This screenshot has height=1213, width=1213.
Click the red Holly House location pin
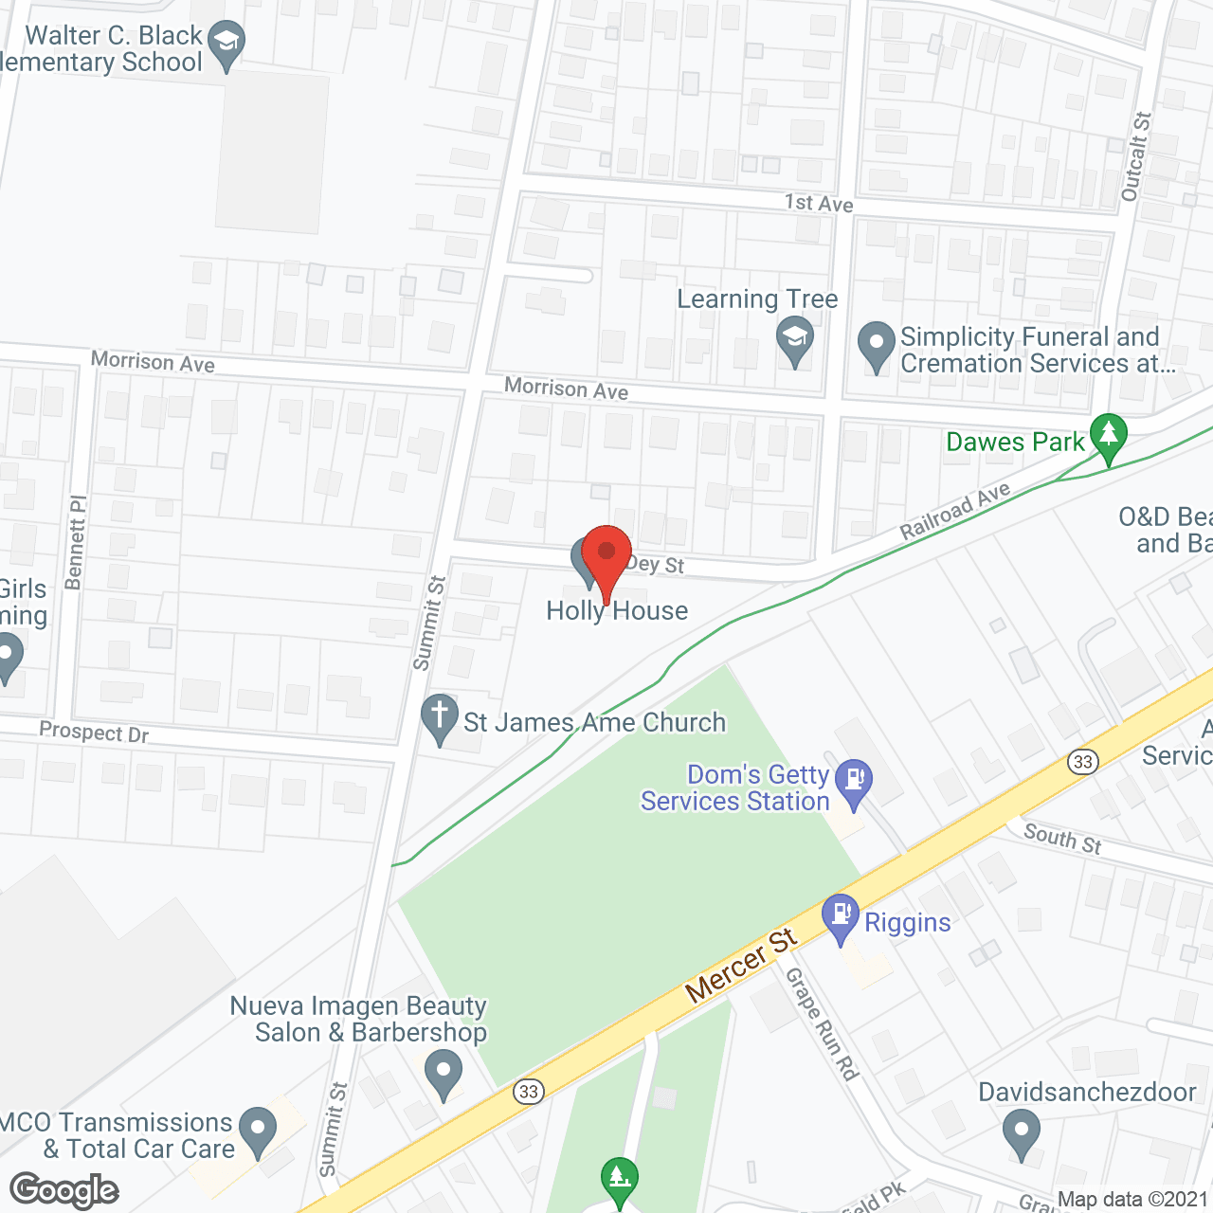[606, 554]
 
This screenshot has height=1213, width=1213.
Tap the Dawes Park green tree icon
[1108, 437]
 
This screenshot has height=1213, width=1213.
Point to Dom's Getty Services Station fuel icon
[855, 782]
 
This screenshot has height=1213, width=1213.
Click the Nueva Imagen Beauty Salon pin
[443, 1075]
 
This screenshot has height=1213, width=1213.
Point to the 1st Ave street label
[819, 203]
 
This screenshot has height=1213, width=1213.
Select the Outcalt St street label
[1135, 156]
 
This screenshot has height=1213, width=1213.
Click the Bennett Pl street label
[76, 542]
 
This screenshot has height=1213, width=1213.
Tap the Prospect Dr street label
[94, 733]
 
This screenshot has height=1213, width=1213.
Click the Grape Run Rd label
[822, 1023]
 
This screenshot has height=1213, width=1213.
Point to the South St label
[1063, 839]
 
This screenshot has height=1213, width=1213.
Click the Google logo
[64, 1190]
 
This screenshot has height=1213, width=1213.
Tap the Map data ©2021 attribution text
[1132, 1200]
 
